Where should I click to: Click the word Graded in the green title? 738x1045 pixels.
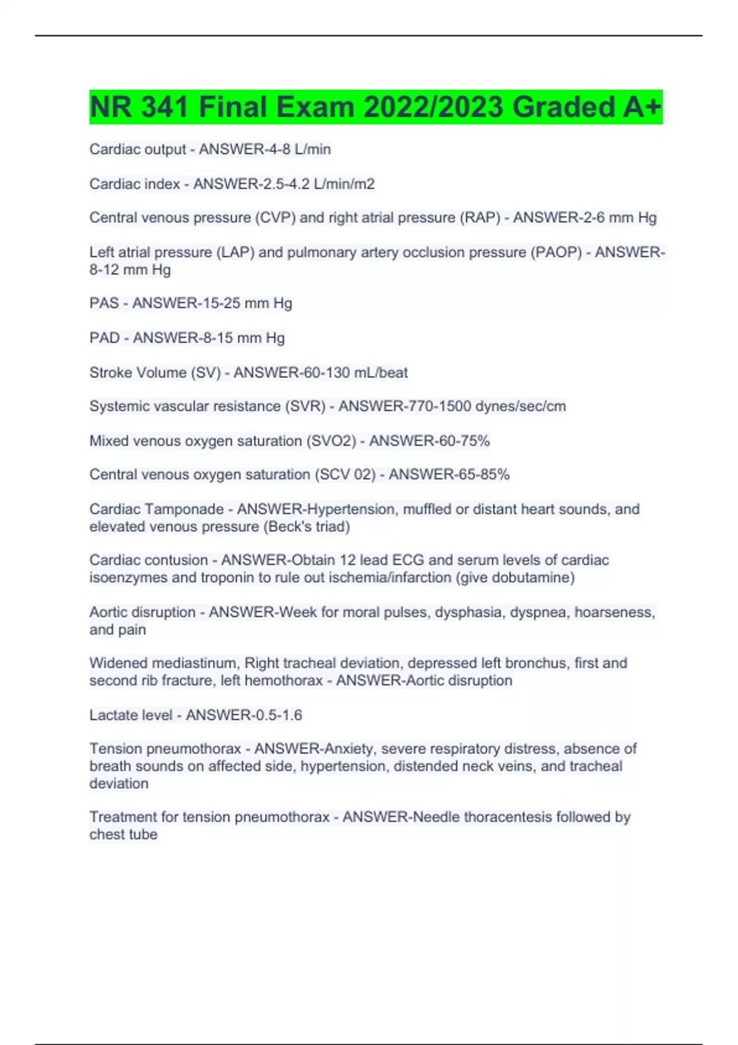pos(563,107)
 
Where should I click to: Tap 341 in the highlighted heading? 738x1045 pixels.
pos(164,107)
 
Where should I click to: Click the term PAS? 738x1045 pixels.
pos(104,303)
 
